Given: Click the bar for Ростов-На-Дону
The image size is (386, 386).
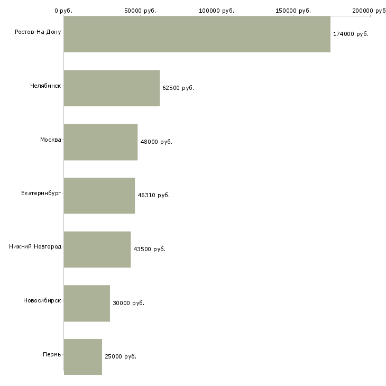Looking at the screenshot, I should point(197,34).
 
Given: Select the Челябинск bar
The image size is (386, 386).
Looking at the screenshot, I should point(112,88).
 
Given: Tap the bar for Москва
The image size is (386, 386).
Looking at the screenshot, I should point(100,142).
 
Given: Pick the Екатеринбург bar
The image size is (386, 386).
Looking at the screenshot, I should point(99,196).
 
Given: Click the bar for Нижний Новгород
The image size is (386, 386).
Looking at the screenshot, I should point(97,250).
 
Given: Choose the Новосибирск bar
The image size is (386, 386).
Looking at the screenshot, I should point(87,304).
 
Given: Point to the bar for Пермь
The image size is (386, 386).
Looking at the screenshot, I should point(83,357).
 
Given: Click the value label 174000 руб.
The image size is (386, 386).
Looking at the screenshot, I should point(351,34).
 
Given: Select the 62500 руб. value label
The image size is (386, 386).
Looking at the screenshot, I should point(178,88).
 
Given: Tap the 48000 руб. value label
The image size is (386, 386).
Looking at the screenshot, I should point(157,142).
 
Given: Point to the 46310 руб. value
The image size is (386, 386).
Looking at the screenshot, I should point(154,195).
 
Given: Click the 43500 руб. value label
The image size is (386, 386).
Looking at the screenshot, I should point(150,249).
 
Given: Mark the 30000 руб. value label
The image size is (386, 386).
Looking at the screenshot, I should point(128,303).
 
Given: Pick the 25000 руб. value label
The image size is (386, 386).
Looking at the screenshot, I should point(121,356).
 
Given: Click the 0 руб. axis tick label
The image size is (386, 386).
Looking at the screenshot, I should point(63,11).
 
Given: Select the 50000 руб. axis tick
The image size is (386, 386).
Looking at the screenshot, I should point(140,11).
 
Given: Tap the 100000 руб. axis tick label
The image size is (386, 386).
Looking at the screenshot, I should point(217,11).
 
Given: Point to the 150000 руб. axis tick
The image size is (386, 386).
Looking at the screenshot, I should point(293,11).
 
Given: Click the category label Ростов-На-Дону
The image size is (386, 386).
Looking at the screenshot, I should point(38,32).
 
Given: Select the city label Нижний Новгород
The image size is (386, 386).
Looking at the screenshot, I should point(35,246).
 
